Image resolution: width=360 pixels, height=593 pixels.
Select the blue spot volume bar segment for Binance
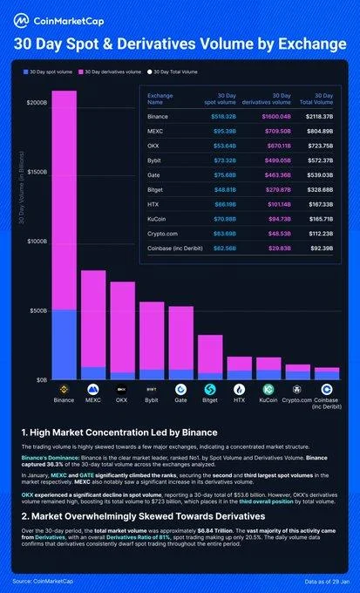coord(64,344)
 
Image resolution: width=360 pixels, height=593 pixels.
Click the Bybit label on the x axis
coord(152,399)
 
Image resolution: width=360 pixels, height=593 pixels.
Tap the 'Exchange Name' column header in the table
coord(161,98)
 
